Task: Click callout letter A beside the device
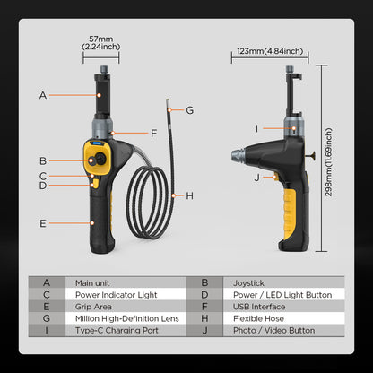coord(43,93)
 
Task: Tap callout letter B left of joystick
coord(43,161)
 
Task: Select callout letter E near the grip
coord(43,221)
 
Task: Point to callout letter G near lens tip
coord(189,110)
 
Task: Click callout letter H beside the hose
coord(189,194)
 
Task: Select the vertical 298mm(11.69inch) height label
coord(330,159)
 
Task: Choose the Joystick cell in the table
coord(248,282)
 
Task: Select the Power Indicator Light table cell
coord(117,294)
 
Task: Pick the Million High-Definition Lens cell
coord(126,318)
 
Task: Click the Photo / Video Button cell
coord(273,331)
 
